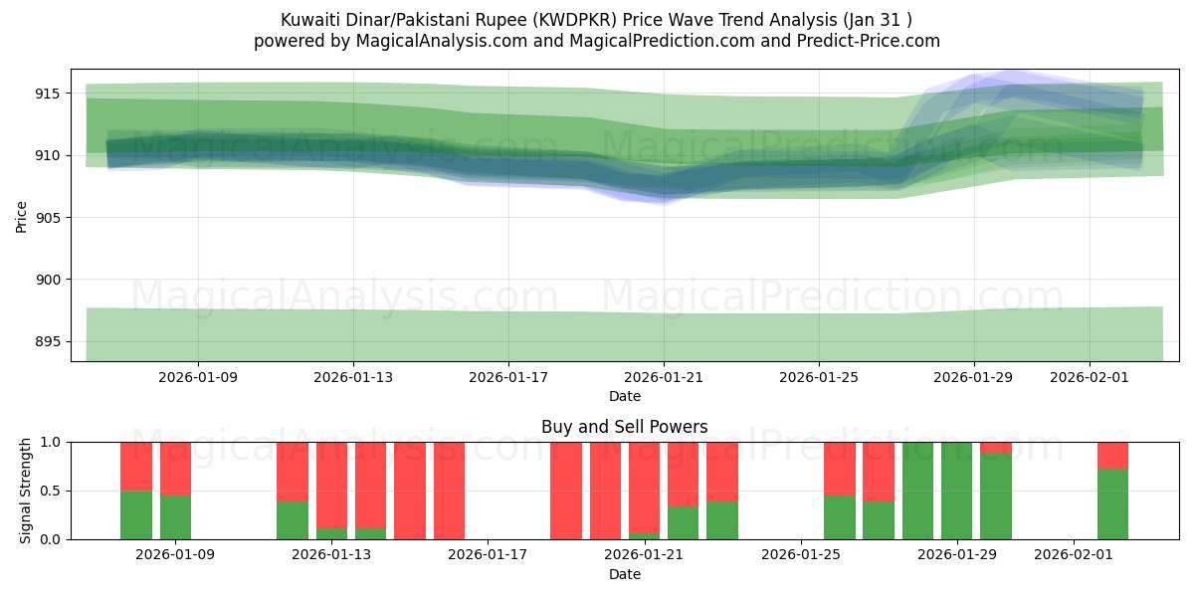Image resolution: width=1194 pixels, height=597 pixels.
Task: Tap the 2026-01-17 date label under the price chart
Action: point(508,377)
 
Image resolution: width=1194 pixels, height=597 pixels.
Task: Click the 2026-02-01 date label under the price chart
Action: point(1089,377)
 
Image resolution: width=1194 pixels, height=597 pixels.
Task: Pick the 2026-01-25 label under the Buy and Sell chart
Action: point(801,555)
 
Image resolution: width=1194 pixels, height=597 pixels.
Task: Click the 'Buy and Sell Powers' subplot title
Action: point(624,427)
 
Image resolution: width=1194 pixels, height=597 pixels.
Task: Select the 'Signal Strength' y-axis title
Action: point(27,491)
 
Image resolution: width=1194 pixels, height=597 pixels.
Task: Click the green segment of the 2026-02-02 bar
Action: point(1112,503)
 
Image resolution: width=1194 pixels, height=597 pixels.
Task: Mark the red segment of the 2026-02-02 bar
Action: point(1112,455)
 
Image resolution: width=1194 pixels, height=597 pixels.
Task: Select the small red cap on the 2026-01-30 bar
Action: point(995,447)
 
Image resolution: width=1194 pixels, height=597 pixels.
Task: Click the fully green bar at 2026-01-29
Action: point(956,491)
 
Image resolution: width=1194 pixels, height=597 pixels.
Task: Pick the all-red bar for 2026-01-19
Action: point(566,491)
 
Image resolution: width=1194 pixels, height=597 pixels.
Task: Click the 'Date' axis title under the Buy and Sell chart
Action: point(624,574)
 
